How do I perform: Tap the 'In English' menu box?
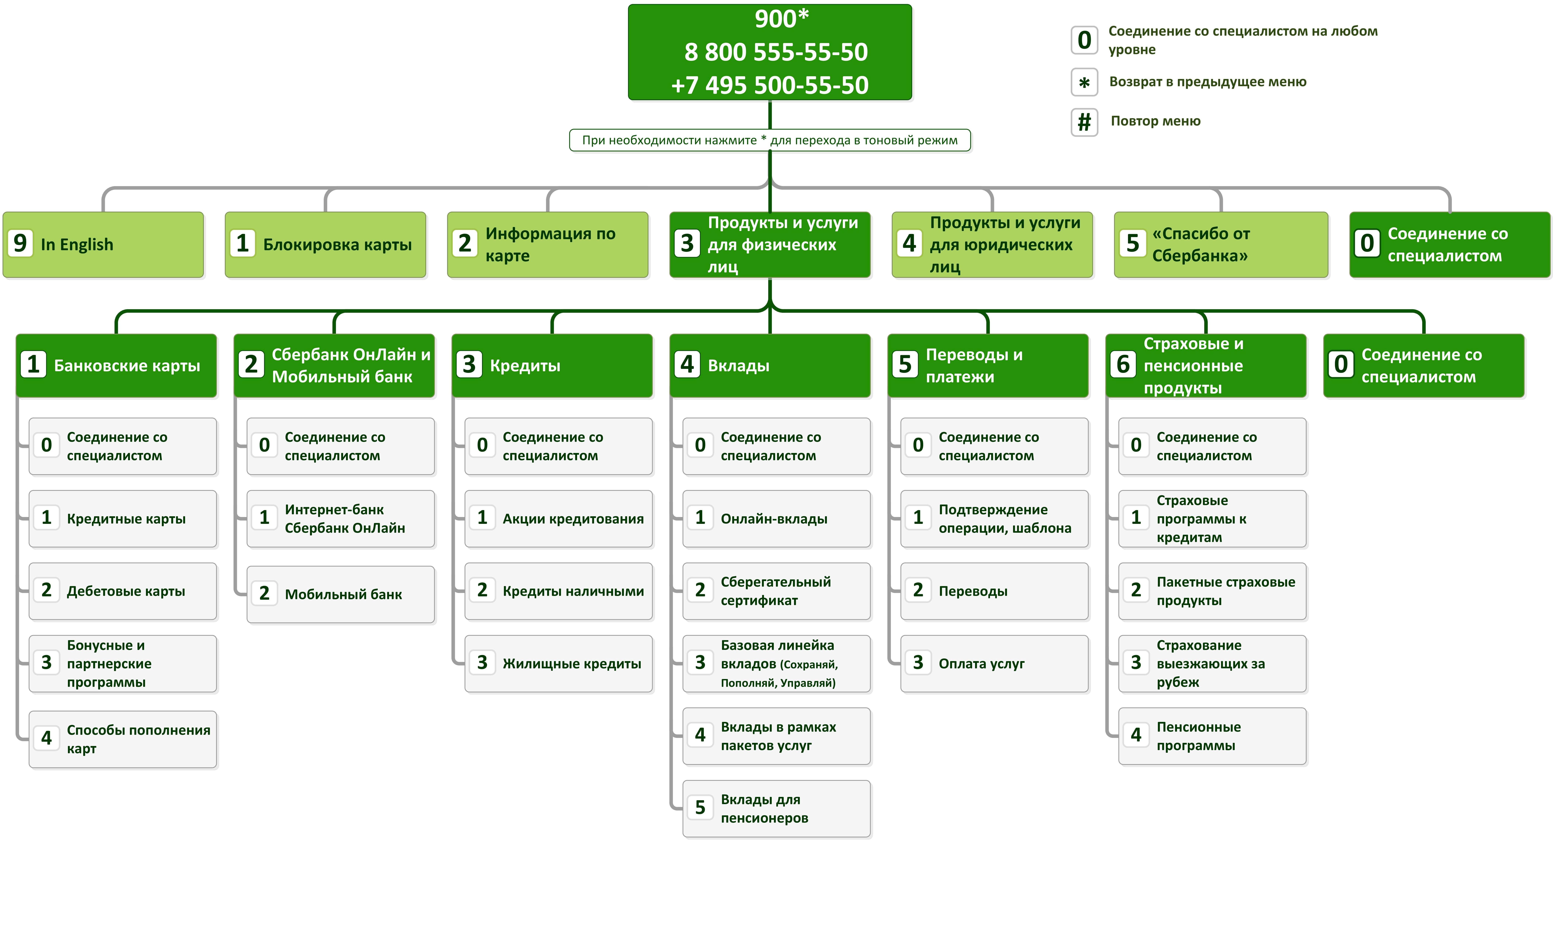pyautogui.click(x=103, y=244)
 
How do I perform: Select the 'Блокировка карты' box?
pyautogui.click(x=325, y=244)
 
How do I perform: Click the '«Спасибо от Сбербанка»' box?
pyautogui.click(x=1221, y=244)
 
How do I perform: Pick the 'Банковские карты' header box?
pyautogui.click(x=117, y=366)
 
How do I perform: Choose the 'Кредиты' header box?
pyautogui.click(x=552, y=366)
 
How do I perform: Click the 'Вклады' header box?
pyautogui.click(x=770, y=366)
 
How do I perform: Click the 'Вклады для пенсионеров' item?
pyautogui.click(x=776, y=809)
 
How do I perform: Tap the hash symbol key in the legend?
pyautogui.click(x=1084, y=122)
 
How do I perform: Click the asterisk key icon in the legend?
pyautogui.click(x=1084, y=82)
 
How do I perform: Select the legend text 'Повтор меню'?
pyautogui.click(x=1155, y=121)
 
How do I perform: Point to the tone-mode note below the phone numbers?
pyautogui.click(x=769, y=140)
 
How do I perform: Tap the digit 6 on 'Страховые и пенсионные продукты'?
pyautogui.click(x=1123, y=364)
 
